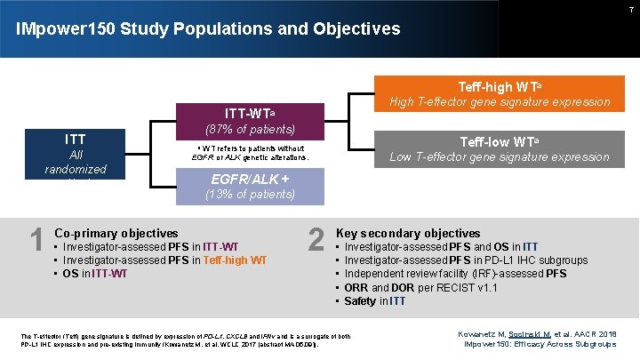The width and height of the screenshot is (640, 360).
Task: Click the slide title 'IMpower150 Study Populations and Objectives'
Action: (208, 29)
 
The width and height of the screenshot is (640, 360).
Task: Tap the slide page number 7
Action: (630, 8)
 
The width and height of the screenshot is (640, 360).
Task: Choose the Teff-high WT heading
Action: (499, 87)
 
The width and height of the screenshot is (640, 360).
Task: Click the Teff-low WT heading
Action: (499, 141)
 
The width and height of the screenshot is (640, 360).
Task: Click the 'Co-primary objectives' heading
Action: (116, 233)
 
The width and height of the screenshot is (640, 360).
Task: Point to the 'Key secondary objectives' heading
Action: (407, 233)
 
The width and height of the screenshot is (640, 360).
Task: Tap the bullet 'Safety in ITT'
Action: (374, 301)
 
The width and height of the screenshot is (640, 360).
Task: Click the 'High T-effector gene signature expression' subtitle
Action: (499, 102)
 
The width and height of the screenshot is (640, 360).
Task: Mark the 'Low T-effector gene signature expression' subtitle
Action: (499, 157)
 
